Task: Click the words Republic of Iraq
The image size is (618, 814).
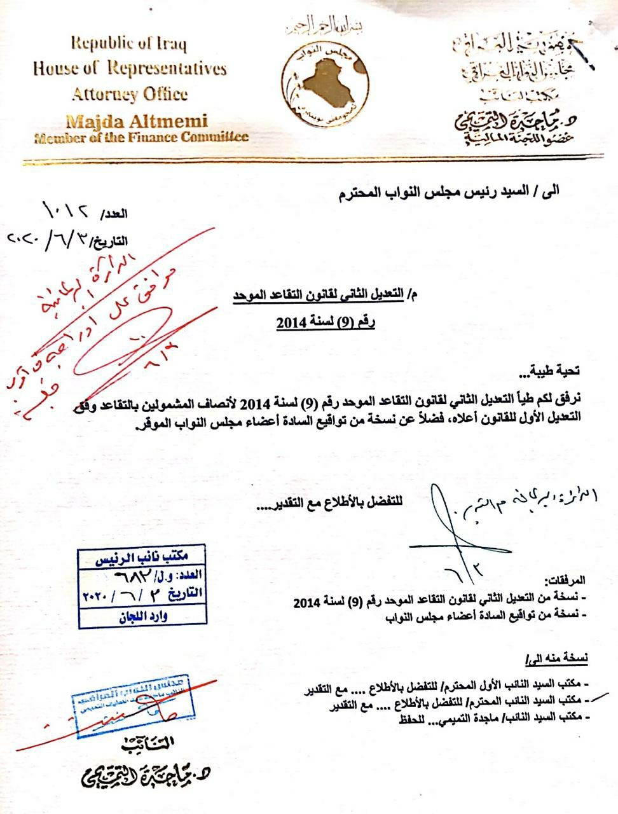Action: click(128, 44)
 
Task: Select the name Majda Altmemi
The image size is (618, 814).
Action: click(136, 121)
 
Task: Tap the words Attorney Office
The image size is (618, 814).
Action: click(130, 94)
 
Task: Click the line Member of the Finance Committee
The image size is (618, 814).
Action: click(141, 137)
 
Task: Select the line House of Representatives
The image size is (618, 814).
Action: click(130, 68)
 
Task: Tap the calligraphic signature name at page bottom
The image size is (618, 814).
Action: click(146, 775)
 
